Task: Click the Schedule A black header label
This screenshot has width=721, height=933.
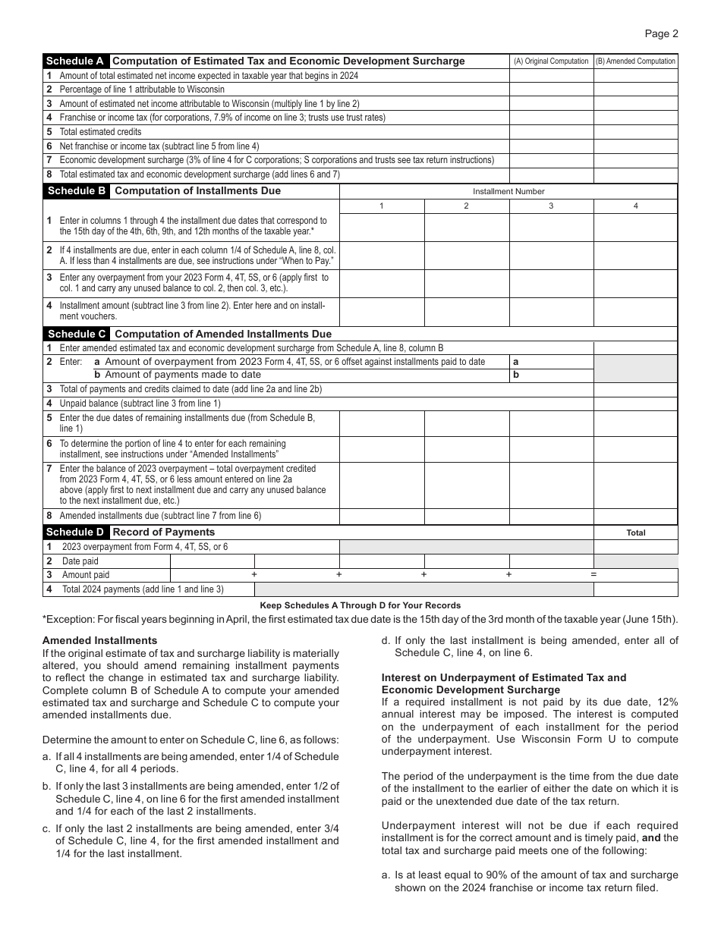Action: point(75,61)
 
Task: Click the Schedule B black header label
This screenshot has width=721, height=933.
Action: point(76,191)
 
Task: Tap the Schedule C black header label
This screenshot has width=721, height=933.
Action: point(76,334)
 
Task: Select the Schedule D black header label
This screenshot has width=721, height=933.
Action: point(76,532)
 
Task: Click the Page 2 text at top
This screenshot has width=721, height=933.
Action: point(661,33)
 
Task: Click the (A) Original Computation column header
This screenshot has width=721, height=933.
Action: point(551,61)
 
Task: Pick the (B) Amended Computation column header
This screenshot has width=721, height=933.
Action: point(635,61)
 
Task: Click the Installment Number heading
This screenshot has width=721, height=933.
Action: point(508,192)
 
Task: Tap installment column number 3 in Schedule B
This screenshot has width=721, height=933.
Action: point(551,206)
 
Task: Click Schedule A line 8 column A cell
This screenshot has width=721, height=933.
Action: point(551,174)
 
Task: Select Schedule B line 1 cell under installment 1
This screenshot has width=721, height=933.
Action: point(382,228)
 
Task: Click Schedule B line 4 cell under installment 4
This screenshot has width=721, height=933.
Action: point(635,312)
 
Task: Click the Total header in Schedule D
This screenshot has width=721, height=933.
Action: point(635,532)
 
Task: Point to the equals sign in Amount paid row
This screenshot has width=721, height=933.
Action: point(593,575)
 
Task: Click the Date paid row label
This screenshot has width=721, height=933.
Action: point(80,561)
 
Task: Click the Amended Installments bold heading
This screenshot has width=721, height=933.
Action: point(99,641)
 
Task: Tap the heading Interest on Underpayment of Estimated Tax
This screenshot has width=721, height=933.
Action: point(503,677)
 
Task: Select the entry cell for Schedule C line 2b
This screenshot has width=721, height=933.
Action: point(551,375)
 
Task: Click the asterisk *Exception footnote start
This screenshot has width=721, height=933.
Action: point(46,618)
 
